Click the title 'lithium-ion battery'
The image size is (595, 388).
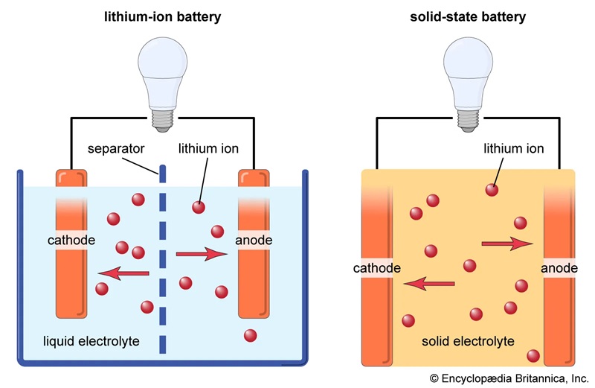point(162,17)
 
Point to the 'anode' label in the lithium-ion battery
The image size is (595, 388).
point(253,241)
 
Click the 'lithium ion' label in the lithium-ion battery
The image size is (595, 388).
point(208,149)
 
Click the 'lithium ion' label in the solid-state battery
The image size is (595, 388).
point(513,149)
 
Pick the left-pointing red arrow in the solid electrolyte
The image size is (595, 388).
point(428,282)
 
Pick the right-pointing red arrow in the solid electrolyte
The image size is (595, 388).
point(508,243)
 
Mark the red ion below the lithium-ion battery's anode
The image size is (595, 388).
point(251,336)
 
